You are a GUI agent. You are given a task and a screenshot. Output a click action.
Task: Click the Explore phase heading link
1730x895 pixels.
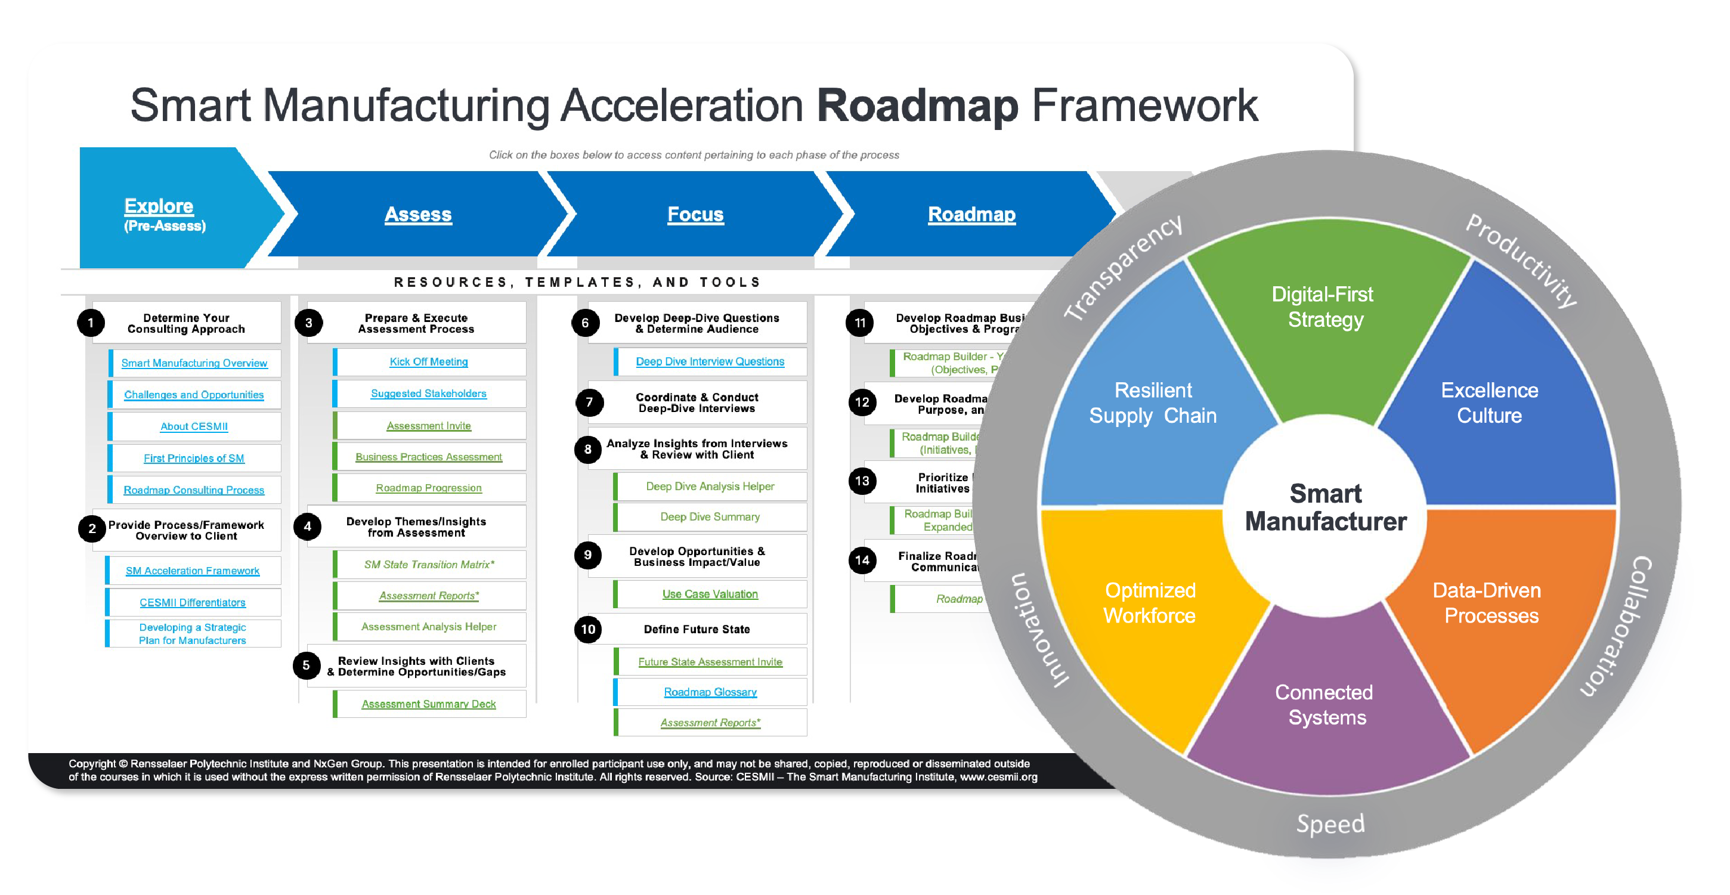(x=159, y=206)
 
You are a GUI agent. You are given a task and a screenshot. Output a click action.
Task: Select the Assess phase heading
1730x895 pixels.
(x=417, y=214)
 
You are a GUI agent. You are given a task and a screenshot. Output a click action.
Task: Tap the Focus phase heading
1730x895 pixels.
(x=695, y=214)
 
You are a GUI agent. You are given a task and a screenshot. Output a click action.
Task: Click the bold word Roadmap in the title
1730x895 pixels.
(x=917, y=106)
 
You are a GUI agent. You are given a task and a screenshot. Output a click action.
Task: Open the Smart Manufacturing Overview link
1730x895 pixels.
(x=194, y=363)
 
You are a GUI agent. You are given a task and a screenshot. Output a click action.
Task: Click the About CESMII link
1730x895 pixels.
(x=194, y=426)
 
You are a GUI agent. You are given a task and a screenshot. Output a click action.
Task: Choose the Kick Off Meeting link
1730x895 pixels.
(x=428, y=362)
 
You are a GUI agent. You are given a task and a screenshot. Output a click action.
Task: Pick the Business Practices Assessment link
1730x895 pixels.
(x=428, y=457)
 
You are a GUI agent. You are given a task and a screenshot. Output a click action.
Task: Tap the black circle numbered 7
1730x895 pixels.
(x=590, y=402)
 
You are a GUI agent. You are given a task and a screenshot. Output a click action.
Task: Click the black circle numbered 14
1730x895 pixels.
(x=862, y=560)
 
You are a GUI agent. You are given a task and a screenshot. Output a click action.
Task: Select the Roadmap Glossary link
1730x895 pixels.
(x=710, y=692)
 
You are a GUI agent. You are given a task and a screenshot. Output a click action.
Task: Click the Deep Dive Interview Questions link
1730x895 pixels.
(x=710, y=362)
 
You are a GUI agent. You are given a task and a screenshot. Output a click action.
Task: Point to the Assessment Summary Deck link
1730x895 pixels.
(x=428, y=704)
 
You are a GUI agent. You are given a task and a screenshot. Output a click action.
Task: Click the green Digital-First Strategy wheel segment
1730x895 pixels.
(x=1323, y=315)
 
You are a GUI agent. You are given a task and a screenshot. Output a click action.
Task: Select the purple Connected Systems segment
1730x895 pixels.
(x=1324, y=705)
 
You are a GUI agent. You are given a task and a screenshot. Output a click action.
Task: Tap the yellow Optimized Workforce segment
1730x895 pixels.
(x=1150, y=603)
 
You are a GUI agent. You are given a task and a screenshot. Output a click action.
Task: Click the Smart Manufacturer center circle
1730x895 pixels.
(x=1325, y=507)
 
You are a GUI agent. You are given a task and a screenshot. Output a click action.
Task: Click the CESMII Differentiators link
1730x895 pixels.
(x=193, y=603)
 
